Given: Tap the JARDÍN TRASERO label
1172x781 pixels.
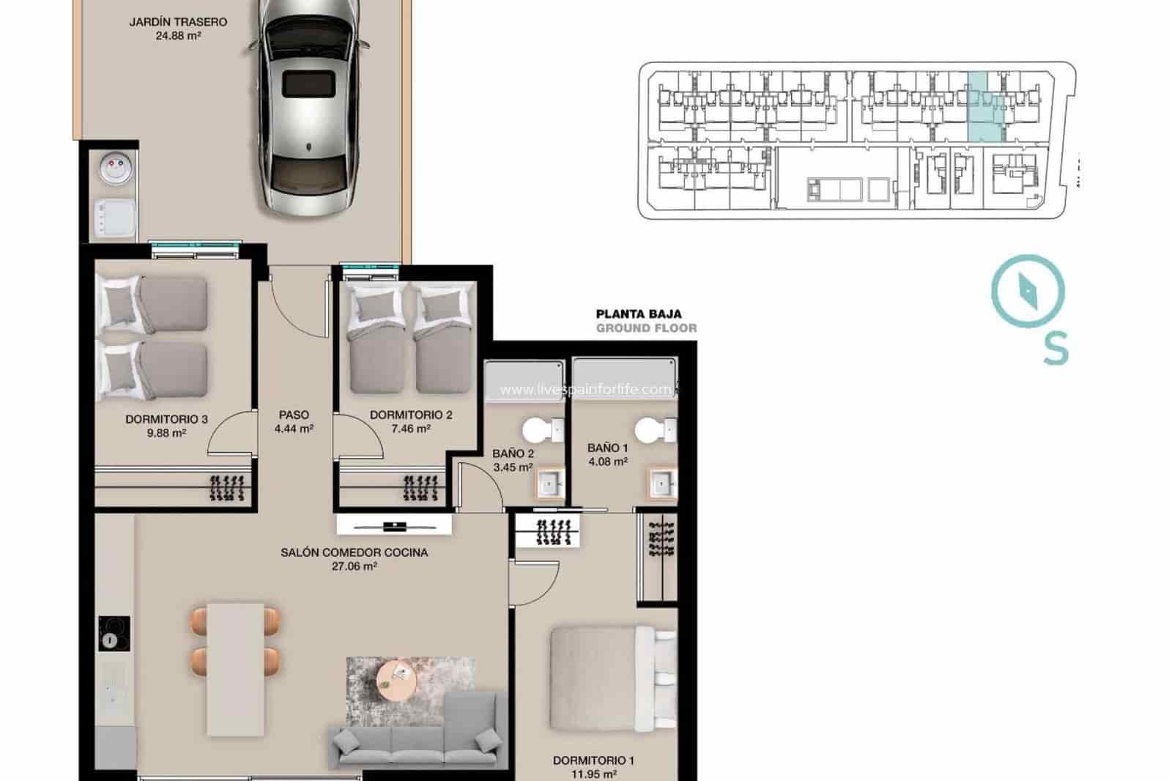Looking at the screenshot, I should click(178, 22).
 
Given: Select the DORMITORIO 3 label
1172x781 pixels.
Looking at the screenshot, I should click(166, 420).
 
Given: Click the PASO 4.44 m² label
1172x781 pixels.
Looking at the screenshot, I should click(294, 422).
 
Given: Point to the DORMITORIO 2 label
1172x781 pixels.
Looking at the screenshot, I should click(411, 415).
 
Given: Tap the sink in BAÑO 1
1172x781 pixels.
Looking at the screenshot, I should click(663, 484).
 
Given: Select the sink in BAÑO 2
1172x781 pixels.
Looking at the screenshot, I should click(550, 484).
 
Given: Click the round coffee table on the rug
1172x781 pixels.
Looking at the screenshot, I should click(396, 680).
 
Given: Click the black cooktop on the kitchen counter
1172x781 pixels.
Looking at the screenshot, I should click(114, 633).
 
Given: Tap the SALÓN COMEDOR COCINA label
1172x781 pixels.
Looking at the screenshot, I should click(354, 552).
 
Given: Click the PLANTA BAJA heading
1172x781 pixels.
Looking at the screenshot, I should click(639, 314).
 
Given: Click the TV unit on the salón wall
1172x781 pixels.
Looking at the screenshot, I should click(393, 525).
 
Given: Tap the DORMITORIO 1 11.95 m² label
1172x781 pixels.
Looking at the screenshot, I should click(593, 766).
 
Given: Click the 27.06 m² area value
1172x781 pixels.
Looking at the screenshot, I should click(355, 566).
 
